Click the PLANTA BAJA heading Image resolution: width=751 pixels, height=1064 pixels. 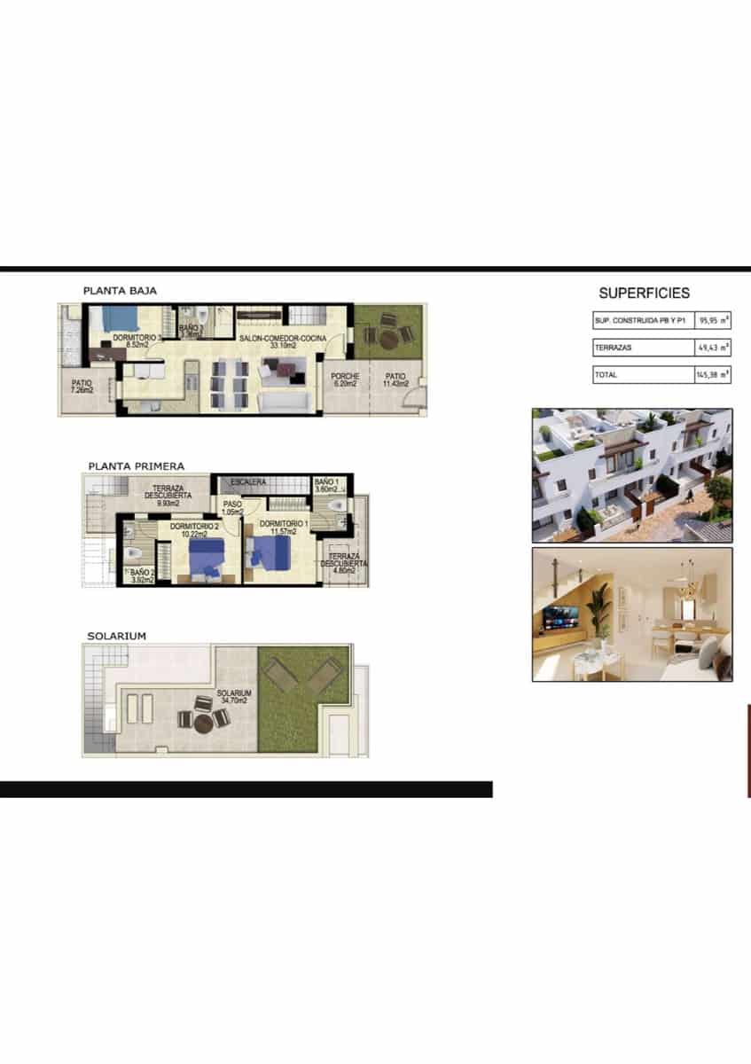(120, 290)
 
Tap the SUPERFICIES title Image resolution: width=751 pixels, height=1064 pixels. (644, 293)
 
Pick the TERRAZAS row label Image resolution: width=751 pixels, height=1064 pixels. (613, 348)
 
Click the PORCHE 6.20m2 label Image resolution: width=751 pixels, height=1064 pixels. (345, 379)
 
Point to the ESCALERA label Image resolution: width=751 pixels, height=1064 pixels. (248, 482)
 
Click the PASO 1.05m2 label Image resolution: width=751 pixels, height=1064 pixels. (232, 508)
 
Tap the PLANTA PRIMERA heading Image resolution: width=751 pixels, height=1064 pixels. (136, 465)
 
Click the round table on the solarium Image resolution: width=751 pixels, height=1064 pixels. (204, 721)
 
